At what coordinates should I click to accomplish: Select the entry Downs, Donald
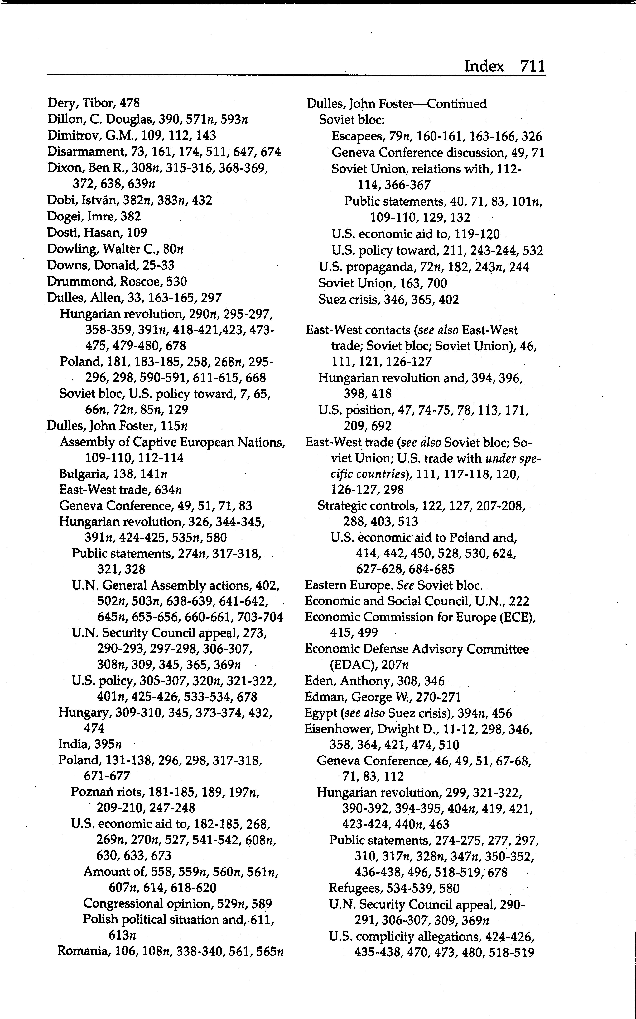point(111,265)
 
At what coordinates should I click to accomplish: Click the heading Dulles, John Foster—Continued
point(396,104)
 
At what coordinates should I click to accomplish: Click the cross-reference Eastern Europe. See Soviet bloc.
point(394,585)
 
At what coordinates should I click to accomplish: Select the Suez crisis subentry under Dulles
point(389,300)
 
